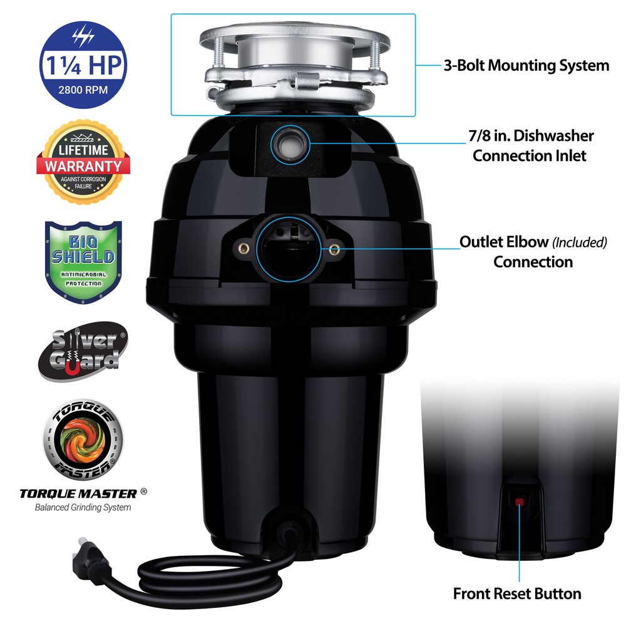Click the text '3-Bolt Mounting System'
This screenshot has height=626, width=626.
pyautogui.click(x=526, y=65)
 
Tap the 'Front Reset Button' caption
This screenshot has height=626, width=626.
pyautogui.click(x=517, y=593)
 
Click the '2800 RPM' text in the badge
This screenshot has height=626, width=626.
pyautogui.click(x=82, y=90)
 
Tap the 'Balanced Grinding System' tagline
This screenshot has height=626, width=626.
pyautogui.click(x=83, y=507)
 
